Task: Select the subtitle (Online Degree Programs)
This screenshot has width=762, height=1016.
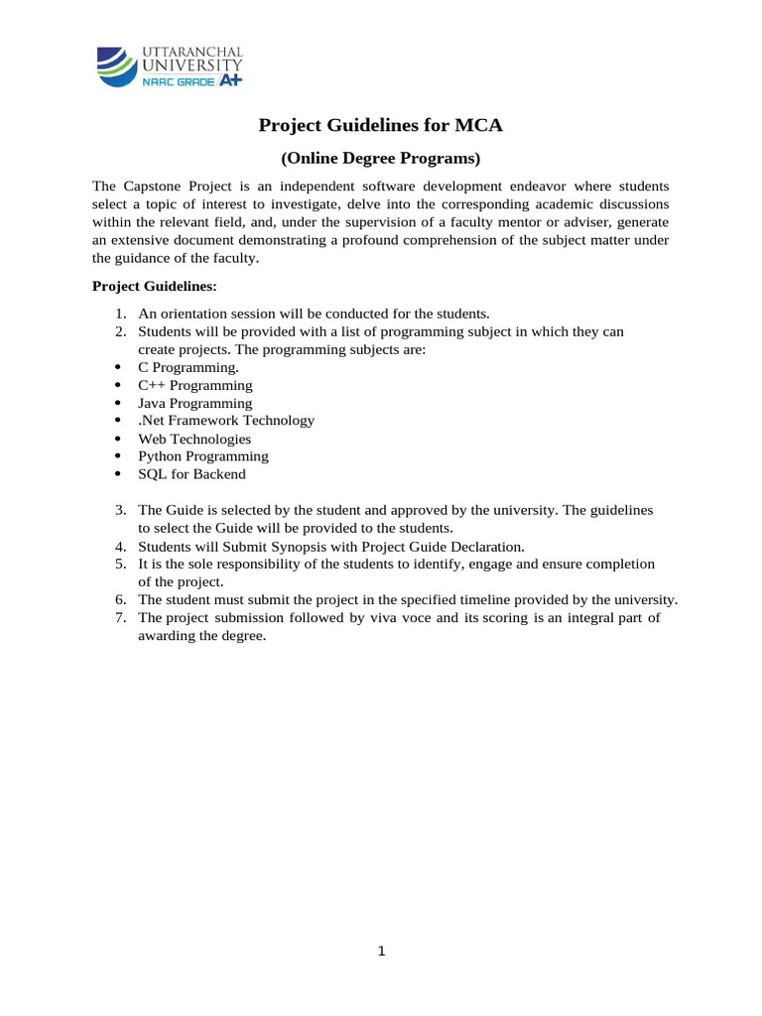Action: click(381, 158)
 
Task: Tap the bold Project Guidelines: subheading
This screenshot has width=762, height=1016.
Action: click(154, 286)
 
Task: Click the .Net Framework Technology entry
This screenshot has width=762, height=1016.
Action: click(225, 421)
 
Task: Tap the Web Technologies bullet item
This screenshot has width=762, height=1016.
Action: click(193, 439)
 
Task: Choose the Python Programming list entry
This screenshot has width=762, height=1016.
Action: click(202, 456)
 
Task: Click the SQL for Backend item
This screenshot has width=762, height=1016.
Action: click(191, 474)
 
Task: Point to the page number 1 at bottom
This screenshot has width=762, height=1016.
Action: click(381, 952)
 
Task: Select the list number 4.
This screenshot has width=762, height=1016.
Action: click(119, 546)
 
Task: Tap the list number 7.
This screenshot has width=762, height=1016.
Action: click(119, 617)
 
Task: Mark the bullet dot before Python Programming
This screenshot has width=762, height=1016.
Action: click(118, 457)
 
